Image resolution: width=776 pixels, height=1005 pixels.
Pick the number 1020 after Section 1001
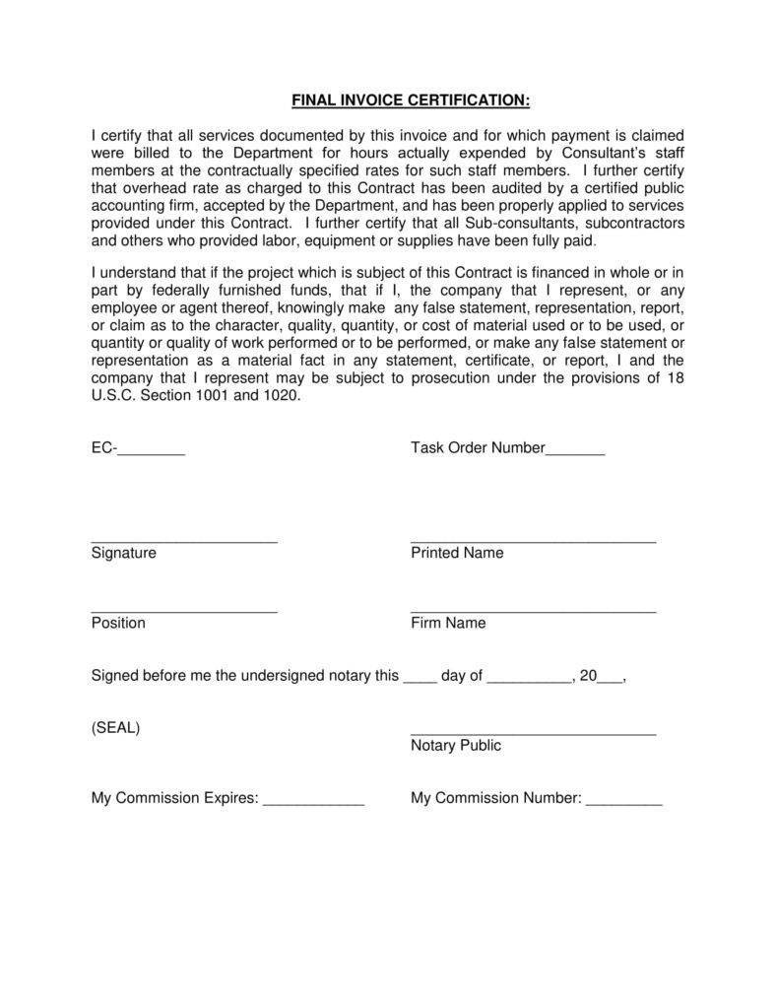pos(282,396)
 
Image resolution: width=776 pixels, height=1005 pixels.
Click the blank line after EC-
pos(152,452)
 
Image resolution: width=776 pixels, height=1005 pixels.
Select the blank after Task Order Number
pos(575,452)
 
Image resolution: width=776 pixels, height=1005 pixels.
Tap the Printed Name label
pos(457,553)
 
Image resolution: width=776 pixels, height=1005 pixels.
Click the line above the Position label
pos(184,612)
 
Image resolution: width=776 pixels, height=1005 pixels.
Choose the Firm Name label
pos(448,623)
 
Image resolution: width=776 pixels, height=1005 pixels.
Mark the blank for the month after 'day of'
pos(529,681)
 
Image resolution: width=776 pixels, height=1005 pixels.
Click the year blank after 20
pos(610,681)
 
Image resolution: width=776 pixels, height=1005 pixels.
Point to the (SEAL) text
pos(115,728)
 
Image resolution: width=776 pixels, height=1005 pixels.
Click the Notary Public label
pos(456,746)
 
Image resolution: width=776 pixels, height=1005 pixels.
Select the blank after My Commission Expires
pos(313,803)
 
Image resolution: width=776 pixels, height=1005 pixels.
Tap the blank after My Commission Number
pos(624,803)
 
